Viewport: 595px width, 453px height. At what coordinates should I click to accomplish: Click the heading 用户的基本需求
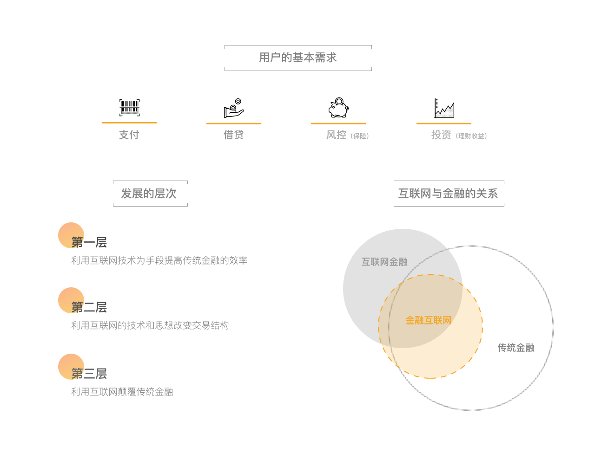pos(298,58)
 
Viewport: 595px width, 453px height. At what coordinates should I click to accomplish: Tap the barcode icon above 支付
pos(129,108)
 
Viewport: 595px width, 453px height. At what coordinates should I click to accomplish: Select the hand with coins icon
pos(234,108)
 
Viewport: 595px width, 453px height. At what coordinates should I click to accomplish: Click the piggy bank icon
pos(338,108)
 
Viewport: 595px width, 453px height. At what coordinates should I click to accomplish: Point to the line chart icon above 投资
pos(444,108)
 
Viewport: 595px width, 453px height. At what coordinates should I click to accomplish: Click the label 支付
pos(129,135)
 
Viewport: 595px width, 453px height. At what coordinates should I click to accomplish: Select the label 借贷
pos(234,135)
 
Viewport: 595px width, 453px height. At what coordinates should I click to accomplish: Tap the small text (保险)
pos(360,136)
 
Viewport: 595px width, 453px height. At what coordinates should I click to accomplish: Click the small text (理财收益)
pos(471,136)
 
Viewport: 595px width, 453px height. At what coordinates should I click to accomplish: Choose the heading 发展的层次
pos(149,194)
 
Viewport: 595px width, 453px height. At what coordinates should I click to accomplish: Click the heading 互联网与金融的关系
pos(448,194)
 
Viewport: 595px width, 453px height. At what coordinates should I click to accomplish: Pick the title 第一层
pos(89,242)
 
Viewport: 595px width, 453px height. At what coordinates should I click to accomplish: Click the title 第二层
pos(89,307)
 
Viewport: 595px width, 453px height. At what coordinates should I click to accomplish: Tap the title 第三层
pos(89,374)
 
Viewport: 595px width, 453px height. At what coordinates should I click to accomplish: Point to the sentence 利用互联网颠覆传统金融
pos(122,392)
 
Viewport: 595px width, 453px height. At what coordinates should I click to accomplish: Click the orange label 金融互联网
pos(429,321)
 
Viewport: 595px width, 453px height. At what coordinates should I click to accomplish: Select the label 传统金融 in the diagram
pos(516,348)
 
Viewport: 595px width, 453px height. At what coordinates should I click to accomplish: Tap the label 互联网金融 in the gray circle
pos(384,262)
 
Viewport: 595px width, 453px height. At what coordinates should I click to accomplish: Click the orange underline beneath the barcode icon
pos(129,123)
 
